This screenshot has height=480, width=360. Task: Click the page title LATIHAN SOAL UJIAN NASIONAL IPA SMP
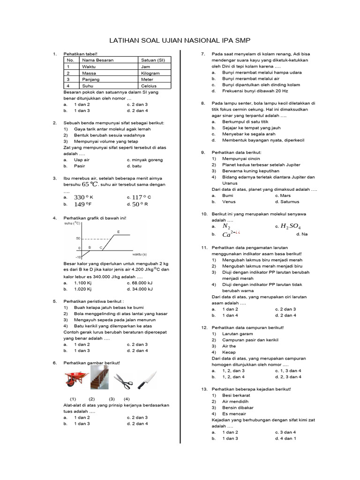tap(180, 41)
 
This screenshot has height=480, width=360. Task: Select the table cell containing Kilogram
tap(150, 73)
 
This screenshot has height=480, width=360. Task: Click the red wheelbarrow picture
tap(74, 378)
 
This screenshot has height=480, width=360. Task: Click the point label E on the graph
tap(118, 232)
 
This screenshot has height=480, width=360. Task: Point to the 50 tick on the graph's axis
tap(78, 239)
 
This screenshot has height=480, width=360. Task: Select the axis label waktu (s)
tap(143, 254)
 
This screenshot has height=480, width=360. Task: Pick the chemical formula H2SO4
tap(290, 226)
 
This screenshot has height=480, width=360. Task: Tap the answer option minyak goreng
tap(147, 160)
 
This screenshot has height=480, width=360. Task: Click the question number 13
tap(204, 389)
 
